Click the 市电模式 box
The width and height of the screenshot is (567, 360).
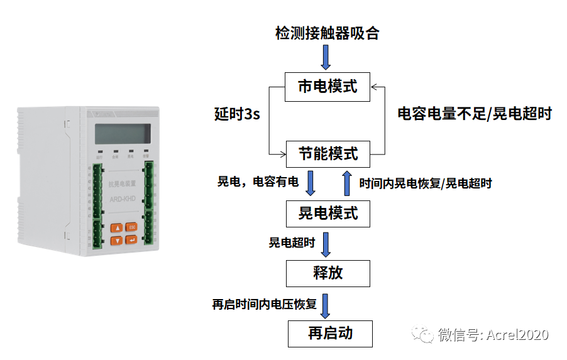(328, 87)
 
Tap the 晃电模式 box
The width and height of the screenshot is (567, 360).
(328, 214)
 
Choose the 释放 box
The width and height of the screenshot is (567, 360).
(328, 273)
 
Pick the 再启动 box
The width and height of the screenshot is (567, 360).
(330, 334)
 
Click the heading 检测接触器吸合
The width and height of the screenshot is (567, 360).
(327, 33)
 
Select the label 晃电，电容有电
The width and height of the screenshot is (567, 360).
(258, 182)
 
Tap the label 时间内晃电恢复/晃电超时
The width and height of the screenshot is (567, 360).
(425, 183)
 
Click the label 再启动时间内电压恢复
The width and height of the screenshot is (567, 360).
(264, 305)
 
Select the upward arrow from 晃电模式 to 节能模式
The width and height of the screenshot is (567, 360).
(346, 183)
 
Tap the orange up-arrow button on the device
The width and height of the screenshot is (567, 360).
(116, 227)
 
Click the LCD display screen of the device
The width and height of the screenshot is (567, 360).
(123, 134)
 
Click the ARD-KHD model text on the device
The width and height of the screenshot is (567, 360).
(123, 200)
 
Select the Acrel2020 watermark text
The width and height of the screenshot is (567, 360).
(492, 335)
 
